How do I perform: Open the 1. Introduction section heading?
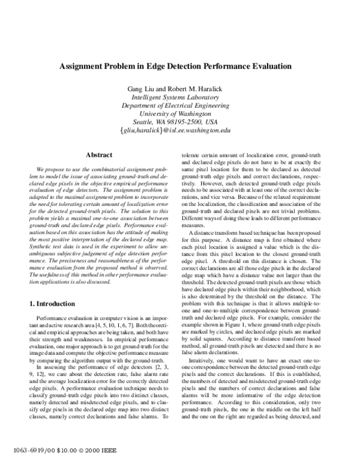tap(55, 304)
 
